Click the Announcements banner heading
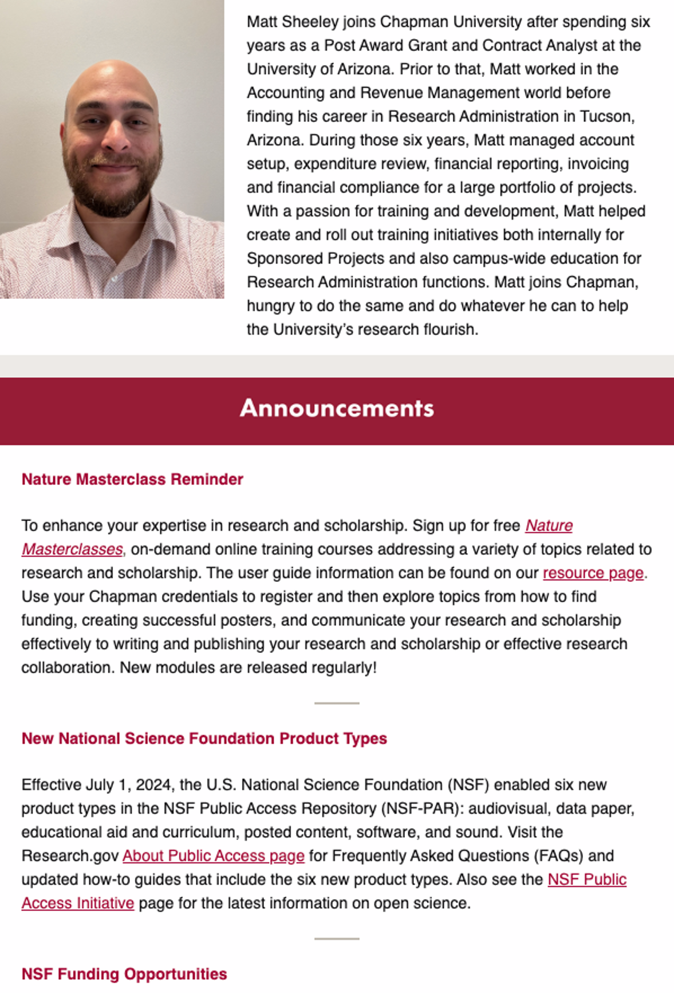337,408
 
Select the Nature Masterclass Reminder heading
132,479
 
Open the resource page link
593,573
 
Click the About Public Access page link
213,856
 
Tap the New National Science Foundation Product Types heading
204,739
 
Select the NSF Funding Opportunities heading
124,974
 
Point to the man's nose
115,137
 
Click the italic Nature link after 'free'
549,526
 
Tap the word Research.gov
70,856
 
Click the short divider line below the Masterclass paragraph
337,703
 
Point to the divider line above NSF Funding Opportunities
337,939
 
